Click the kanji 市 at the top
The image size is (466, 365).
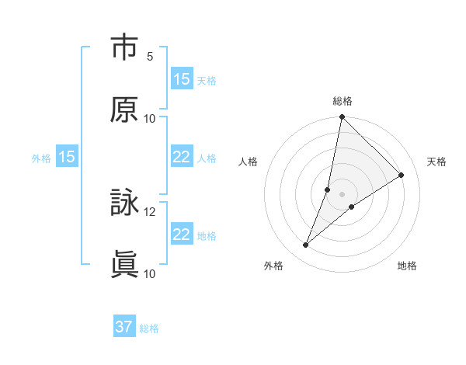(x=125, y=48)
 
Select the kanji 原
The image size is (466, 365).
(x=125, y=109)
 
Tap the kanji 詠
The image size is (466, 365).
(x=125, y=203)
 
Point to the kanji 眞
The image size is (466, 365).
(x=125, y=265)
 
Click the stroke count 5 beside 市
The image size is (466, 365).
(x=150, y=57)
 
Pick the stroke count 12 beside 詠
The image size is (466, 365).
(x=150, y=211)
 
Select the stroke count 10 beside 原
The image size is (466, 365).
(x=150, y=118)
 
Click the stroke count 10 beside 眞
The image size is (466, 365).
(x=150, y=273)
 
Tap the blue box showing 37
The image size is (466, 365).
(x=124, y=327)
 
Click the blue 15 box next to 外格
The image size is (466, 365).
(x=67, y=157)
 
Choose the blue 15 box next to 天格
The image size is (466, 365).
(x=182, y=79)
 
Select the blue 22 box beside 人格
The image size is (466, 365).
(x=182, y=157)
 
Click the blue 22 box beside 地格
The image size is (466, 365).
(x=182, y=235)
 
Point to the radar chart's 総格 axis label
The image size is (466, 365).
(x=343, y=101)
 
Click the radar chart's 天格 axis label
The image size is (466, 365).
(x=437, y=162)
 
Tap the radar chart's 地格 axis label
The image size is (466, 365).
(x=407, y=266)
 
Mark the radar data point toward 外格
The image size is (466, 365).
(x=306, y=245)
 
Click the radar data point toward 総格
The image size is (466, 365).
(x=343, y=117)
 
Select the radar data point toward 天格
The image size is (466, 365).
(x=402, y=176)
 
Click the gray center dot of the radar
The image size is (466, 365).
(x=343, y=194)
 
